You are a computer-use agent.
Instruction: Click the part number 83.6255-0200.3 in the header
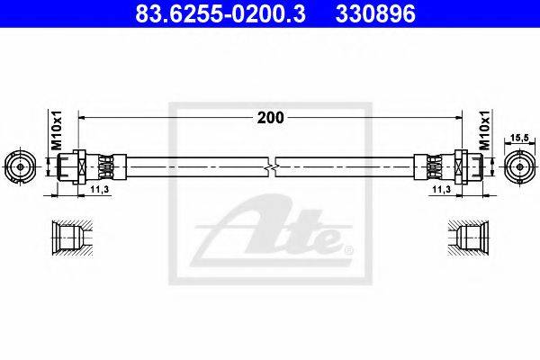[220, 13]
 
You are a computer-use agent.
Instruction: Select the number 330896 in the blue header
[375, 13]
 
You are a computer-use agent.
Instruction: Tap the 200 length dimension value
[270, 118]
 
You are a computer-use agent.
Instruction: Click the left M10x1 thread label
[57, 130]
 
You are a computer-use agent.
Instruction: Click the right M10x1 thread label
[484, 130]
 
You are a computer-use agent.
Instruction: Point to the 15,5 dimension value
[519, 138]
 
